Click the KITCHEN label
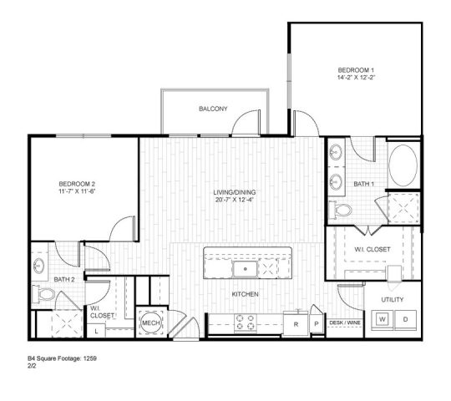pos(244,295)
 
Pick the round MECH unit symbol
pos(150,322)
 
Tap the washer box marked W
pos(382,319)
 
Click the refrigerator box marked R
pos(296,321)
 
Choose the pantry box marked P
pos(316,321)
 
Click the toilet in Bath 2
pos(43,293)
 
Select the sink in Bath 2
pos(40,266)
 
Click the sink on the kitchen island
pos(245,270)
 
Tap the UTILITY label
pos(393,298)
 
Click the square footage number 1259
pos(87,357)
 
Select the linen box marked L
pos(98,330)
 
